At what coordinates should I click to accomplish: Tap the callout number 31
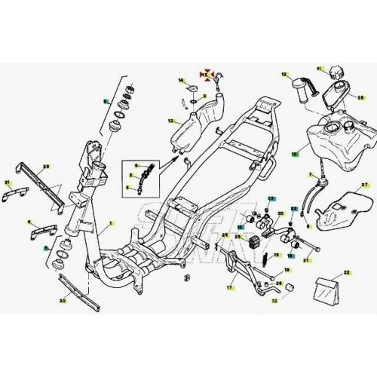pos(8,182)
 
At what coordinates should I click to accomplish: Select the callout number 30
pos(63,300)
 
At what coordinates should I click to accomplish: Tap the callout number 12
pos(285,74)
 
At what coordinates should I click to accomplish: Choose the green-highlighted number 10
pos(295,151)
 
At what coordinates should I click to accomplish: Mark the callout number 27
pos(363,184)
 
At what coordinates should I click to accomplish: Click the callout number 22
pos(346,271)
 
